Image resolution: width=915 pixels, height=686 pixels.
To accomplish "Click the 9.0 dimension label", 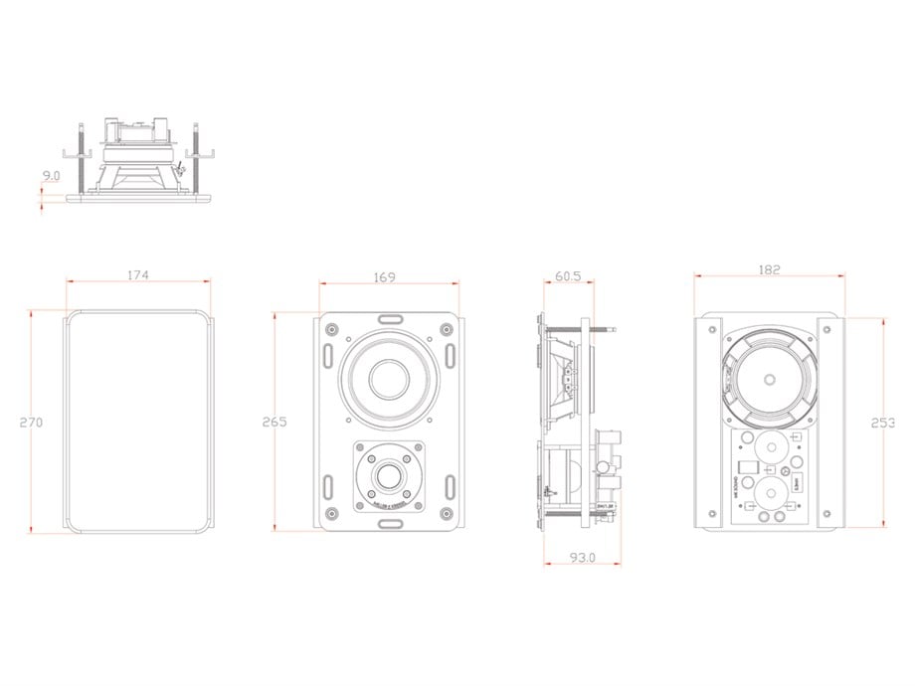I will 51,176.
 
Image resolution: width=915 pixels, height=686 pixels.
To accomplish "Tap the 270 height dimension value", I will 31,423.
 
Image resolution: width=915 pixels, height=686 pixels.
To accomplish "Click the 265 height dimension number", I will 274,423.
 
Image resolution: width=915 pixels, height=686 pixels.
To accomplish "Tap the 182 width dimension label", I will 768,269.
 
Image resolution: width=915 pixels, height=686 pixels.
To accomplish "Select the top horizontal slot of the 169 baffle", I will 389,318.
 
